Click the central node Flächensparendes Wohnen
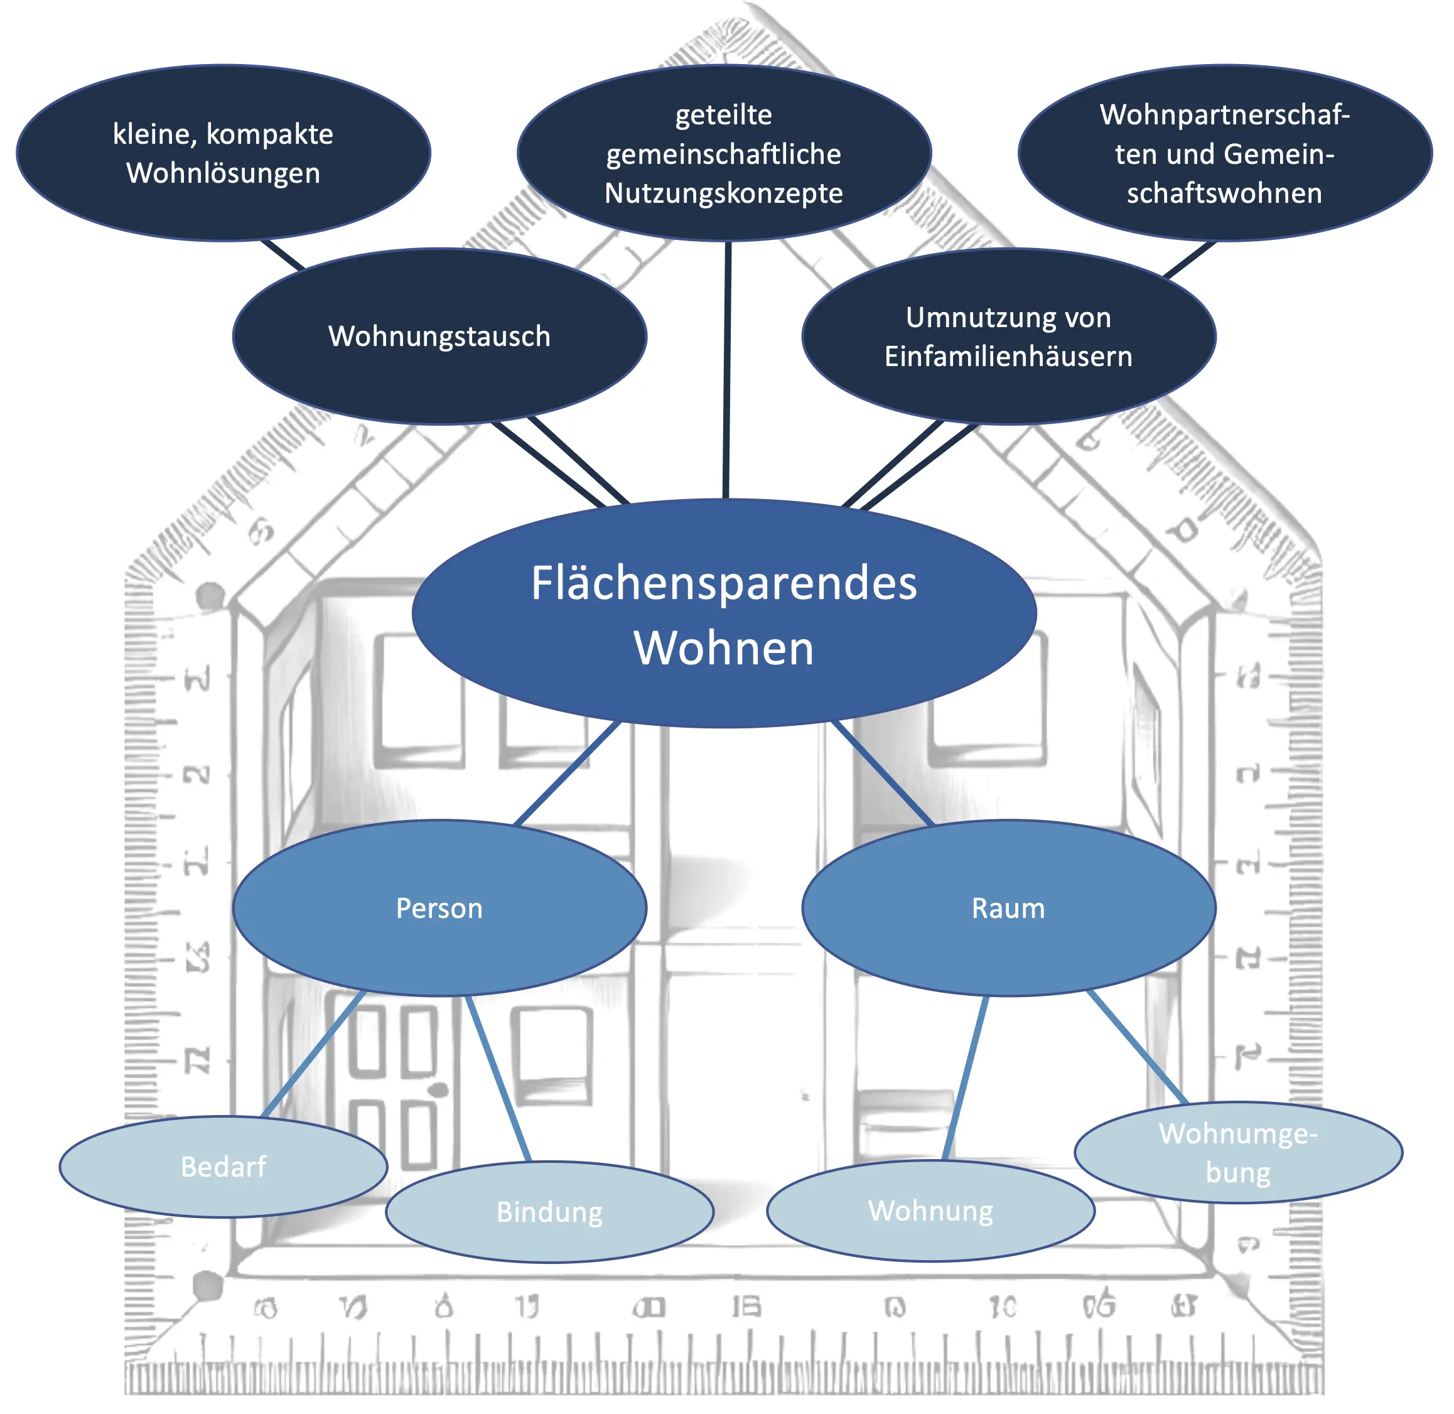click(x=724, y=613)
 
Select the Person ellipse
click(x=439, y=907)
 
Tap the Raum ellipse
click(x=1008, y=907)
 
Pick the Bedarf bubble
click(x=223, y=1167)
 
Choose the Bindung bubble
click(x=549, y=1212)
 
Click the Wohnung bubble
click(x=930, y=1211)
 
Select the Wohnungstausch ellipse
click(x=439, y=336)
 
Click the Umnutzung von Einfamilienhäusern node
click(x=1008, y=337)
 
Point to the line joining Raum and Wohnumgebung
click(x=1136, y=1047)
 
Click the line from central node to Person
click(x=568, y=772)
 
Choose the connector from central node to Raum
click(x=882, y=772)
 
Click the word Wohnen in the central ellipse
click(x=724, y=647)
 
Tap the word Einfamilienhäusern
click(x=1008, y=357)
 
